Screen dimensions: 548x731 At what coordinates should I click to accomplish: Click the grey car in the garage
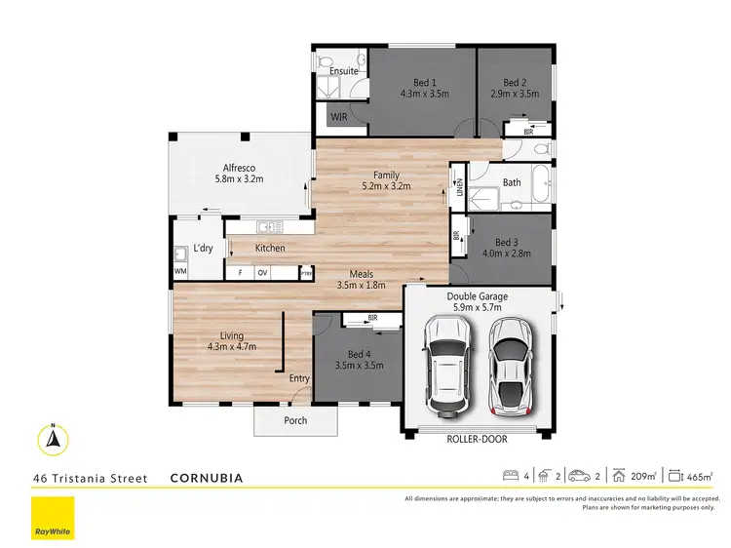coord(512,364)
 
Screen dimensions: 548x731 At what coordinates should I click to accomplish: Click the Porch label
coord(295,420)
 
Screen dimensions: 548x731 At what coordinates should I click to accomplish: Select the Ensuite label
coord(343,71)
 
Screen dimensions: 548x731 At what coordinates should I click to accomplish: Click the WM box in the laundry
coord(180,271)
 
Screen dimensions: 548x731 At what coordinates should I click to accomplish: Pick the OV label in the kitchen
coord(262,273)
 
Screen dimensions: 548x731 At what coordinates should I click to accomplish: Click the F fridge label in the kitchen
coord(240,273)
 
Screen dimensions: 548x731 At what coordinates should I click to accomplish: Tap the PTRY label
coord(306,273)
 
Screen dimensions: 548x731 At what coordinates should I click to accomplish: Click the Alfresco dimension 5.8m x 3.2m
coord(239,179)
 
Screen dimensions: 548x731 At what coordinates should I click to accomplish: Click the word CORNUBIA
coord(206,479)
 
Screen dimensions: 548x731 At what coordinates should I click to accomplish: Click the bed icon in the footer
coord(509,476)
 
